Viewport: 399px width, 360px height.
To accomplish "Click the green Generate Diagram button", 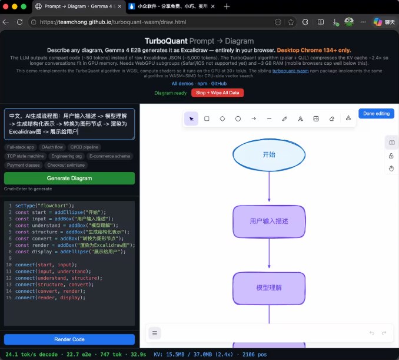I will click(69, 178).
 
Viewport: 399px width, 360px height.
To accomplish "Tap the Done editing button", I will click(376, 114).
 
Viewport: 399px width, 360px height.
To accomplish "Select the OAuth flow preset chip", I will click(52, 147).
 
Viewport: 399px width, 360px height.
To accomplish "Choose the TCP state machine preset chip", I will click(25, 156).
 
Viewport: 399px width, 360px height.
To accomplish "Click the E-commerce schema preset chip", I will click(109, 156).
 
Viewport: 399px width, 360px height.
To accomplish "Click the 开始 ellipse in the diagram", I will click(269, 154).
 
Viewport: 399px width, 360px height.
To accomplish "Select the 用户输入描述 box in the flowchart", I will click(269, 221).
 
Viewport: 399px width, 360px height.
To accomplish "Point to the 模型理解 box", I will click(269, 288).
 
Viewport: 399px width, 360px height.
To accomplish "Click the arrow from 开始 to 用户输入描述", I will click(269, 187).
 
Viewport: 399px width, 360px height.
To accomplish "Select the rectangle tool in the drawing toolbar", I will click(207, 118).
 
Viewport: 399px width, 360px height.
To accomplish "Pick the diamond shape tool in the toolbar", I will click(222, 118).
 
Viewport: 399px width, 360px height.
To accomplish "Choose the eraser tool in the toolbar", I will click(332, 118).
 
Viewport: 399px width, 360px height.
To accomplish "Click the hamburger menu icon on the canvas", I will click(155, 333).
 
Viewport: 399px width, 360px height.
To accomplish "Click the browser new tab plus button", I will click(227, 6).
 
